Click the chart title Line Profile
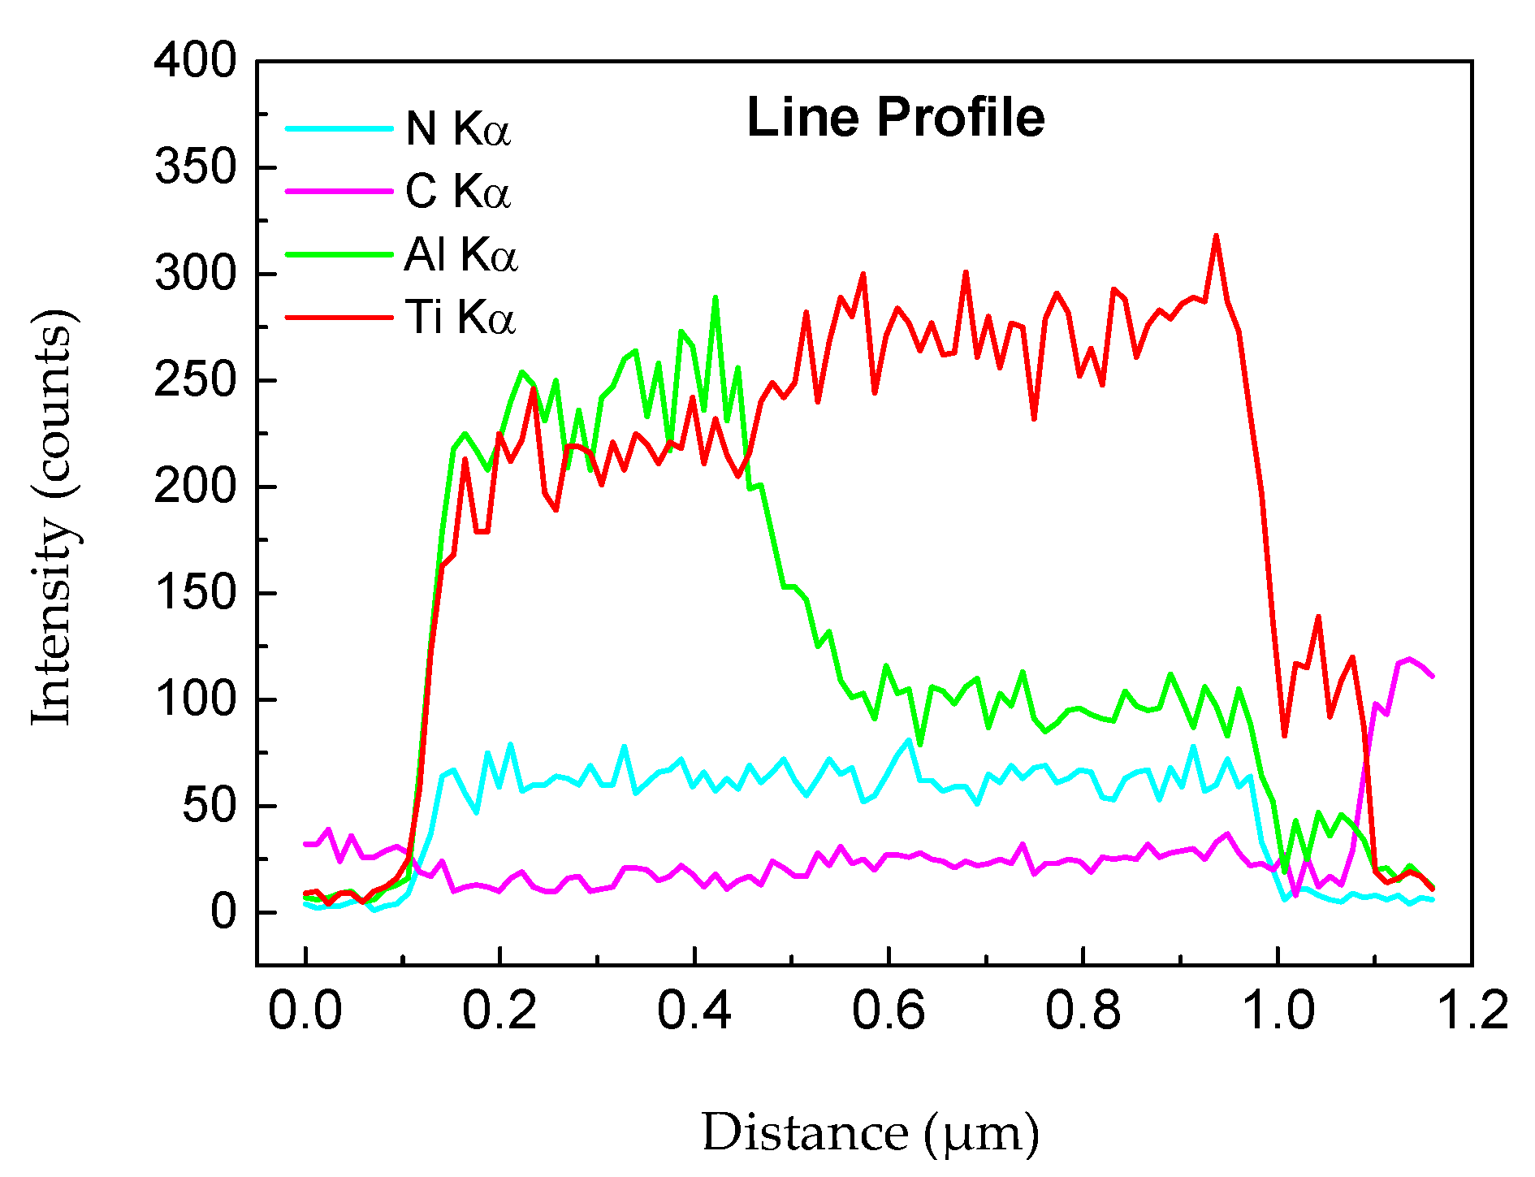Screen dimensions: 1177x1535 click(895, 118)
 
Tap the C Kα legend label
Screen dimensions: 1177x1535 click(458, 192)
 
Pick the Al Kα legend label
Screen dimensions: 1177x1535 click(460, 254)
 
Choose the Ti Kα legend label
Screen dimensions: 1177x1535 click(460, 317)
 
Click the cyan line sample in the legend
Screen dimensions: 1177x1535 click(339, 128)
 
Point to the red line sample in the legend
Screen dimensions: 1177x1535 click(339, 317)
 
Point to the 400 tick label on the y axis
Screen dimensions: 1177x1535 click(195, 61)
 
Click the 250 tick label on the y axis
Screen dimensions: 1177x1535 click(195, 380)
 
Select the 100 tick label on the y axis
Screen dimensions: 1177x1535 click(195, 699)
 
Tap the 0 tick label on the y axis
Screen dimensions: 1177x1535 click(223, 912)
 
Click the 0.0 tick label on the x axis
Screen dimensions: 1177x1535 click(305, 1011)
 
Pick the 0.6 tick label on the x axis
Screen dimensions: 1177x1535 click(889, 1011)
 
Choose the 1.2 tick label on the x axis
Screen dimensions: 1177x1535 click(1472, 1011)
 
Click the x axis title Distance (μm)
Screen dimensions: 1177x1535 click(870, 1133)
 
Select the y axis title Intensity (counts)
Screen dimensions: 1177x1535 click(54, 517)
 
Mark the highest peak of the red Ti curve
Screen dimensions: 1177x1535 click(1216, 236)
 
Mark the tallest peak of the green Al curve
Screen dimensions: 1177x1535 click(715, 298)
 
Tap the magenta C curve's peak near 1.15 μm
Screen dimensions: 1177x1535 click(1410, 659)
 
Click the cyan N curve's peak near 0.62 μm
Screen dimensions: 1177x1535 click(909, 740)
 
